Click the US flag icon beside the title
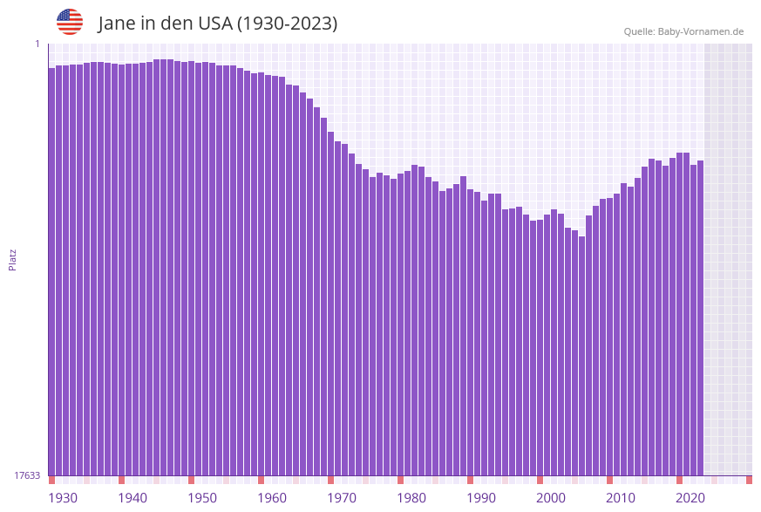click(x=70, y=22)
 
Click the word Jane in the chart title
click(x=117, y=24)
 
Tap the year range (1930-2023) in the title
click(x=287, y=24)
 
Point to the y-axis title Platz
click(x=13, y=259)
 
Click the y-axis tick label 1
click(x=37, y=44)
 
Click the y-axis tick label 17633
click(x=27, y=475)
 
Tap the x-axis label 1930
click(x=62, y=498)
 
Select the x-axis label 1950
click(x=201, y=498)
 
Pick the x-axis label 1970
click(x=341, y=498)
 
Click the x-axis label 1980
click(x=411, y=498)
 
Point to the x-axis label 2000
click(x=550, y=498)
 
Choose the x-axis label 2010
click(x=620, y=498)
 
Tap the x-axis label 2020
click(x=690, y=498)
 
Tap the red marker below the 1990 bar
click(x=471, y=480)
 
